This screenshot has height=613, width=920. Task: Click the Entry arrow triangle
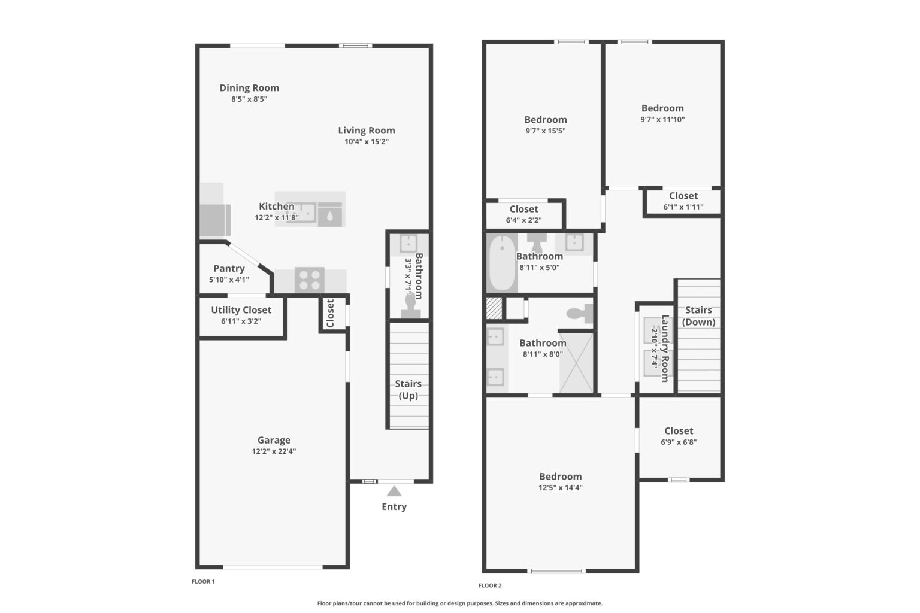click(394, 491)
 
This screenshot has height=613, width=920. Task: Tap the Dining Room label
click(249, 88)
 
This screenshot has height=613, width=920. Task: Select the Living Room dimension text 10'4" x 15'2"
click(366, 142)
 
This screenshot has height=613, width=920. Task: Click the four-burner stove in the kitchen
click(310, 280)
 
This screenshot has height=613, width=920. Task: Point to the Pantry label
click(229, 269)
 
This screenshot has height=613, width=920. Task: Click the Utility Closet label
click(241, 310)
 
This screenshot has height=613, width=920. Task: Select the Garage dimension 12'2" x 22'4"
click(274, 451)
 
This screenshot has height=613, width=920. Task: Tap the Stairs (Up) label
click(408, 390)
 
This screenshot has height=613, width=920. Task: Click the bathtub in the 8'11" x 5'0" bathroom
click(502, 263)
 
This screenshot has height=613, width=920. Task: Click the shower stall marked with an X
click(576, 363)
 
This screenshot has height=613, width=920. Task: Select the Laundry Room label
click(665, 348)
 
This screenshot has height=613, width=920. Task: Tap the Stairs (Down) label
click(698, 316)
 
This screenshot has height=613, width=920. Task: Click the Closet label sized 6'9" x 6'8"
click(679, 431)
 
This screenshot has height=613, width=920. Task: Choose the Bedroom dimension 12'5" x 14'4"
click(560, 487)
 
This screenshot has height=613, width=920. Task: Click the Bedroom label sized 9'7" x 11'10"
click(662, 108)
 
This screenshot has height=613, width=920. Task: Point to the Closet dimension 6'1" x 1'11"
click(683, 207)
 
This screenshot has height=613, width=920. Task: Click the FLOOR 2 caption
click(490, 585)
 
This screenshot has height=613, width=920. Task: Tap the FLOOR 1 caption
click(203, 581)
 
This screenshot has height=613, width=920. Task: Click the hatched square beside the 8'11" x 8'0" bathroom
click(494, 308)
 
